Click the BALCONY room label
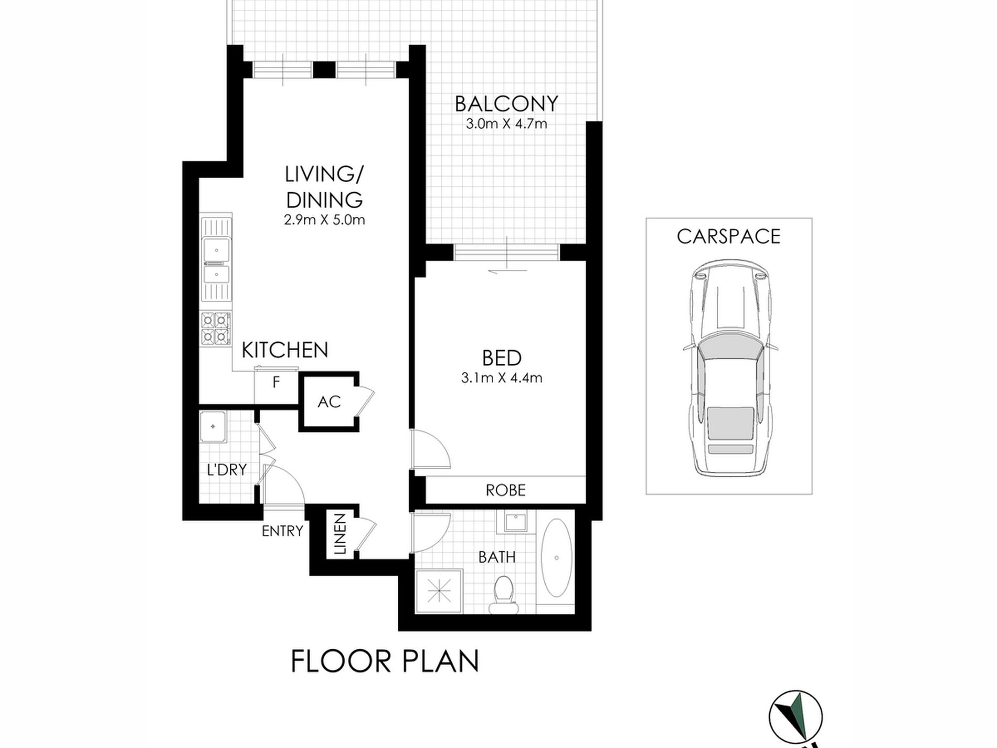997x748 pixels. tap(506, 104)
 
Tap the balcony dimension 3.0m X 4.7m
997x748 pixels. tap(506, 124)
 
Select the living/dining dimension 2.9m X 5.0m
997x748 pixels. tap(324, 220)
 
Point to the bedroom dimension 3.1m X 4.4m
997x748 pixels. tap(501, 378)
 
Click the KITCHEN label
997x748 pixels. tap(284, 350)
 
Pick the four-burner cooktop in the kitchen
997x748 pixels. tap(216, 329)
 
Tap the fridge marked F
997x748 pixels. tap(276, 383)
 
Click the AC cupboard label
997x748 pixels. tap(329, 402)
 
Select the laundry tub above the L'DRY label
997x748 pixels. tap(213, 427)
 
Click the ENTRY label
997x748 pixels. tap(282, 531)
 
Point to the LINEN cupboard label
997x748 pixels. tap(340, 534)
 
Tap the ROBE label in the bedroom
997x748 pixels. tap(505, 490)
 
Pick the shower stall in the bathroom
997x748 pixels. tap(439, 592)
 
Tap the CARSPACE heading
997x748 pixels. tap(728, 237)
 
